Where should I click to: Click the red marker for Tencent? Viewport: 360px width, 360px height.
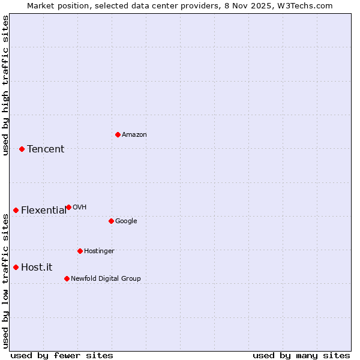[22, 149]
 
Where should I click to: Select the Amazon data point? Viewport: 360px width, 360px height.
[118, 134]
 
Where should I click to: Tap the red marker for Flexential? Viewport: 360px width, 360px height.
[16, 210]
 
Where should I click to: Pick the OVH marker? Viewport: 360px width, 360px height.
[68, 207]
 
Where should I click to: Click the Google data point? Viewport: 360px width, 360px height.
[111, 221]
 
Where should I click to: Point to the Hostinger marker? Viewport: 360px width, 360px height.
[80, 251]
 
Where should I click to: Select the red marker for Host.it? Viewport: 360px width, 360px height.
[16, 267]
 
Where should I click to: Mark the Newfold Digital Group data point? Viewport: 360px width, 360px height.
[67, 278]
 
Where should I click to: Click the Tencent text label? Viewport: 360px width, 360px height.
[46, 149]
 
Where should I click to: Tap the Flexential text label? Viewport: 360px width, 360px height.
[44, 211]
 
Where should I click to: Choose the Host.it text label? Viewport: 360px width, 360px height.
[37, 268]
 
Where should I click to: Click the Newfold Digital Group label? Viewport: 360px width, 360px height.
[106, 278]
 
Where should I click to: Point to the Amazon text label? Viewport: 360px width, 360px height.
[134, 135]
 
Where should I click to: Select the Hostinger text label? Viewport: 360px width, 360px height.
[99, 251]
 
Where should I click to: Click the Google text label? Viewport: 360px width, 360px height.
[126, 221]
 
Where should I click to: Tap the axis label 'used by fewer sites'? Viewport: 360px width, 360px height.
[62, 355]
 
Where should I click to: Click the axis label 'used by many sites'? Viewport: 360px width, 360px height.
[301, 355]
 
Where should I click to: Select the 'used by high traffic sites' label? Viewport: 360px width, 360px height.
[6, 85]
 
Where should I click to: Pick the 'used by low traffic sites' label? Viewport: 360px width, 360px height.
[6, 281]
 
